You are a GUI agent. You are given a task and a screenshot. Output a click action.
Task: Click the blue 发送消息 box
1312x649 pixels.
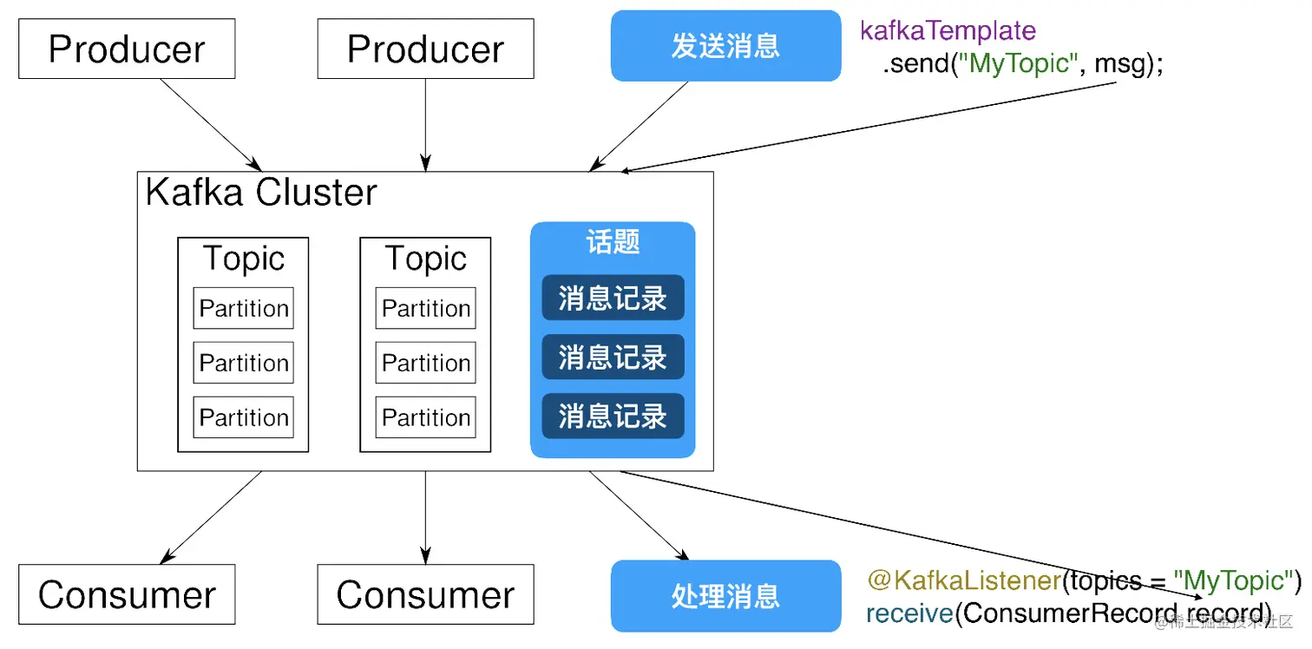tap(725, 46)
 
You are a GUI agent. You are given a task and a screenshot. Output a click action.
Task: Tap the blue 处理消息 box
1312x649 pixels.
tap(725, 596)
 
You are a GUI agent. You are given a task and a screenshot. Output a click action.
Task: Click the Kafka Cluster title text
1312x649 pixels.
tap(261, 193)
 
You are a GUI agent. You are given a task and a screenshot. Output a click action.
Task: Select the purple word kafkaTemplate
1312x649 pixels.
tap(948, 31)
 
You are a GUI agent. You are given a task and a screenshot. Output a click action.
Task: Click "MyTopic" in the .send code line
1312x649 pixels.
tap(1019, 64)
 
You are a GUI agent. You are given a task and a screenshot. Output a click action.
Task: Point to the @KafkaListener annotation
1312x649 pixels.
tap(963, 580)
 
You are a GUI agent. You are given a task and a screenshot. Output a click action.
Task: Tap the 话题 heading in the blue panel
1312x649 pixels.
tap(613, 242)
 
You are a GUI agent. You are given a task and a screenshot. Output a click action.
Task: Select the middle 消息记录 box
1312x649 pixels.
tap(613, 357)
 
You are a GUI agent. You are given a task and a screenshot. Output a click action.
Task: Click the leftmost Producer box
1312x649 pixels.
tap(127, 49)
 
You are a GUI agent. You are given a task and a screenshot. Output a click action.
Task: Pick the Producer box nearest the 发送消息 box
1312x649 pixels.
tap(425, 49)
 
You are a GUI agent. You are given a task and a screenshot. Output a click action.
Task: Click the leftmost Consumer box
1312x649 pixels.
tap(127, 595)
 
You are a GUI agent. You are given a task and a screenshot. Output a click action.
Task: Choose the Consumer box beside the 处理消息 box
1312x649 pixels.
tap(425, 595)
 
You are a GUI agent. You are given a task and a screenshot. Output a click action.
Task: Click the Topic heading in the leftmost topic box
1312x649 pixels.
tap(243, 259)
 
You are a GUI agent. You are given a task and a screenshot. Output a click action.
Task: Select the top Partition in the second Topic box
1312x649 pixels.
tap(425, 308)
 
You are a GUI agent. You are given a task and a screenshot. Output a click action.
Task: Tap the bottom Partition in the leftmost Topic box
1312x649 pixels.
tap(243, 417)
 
